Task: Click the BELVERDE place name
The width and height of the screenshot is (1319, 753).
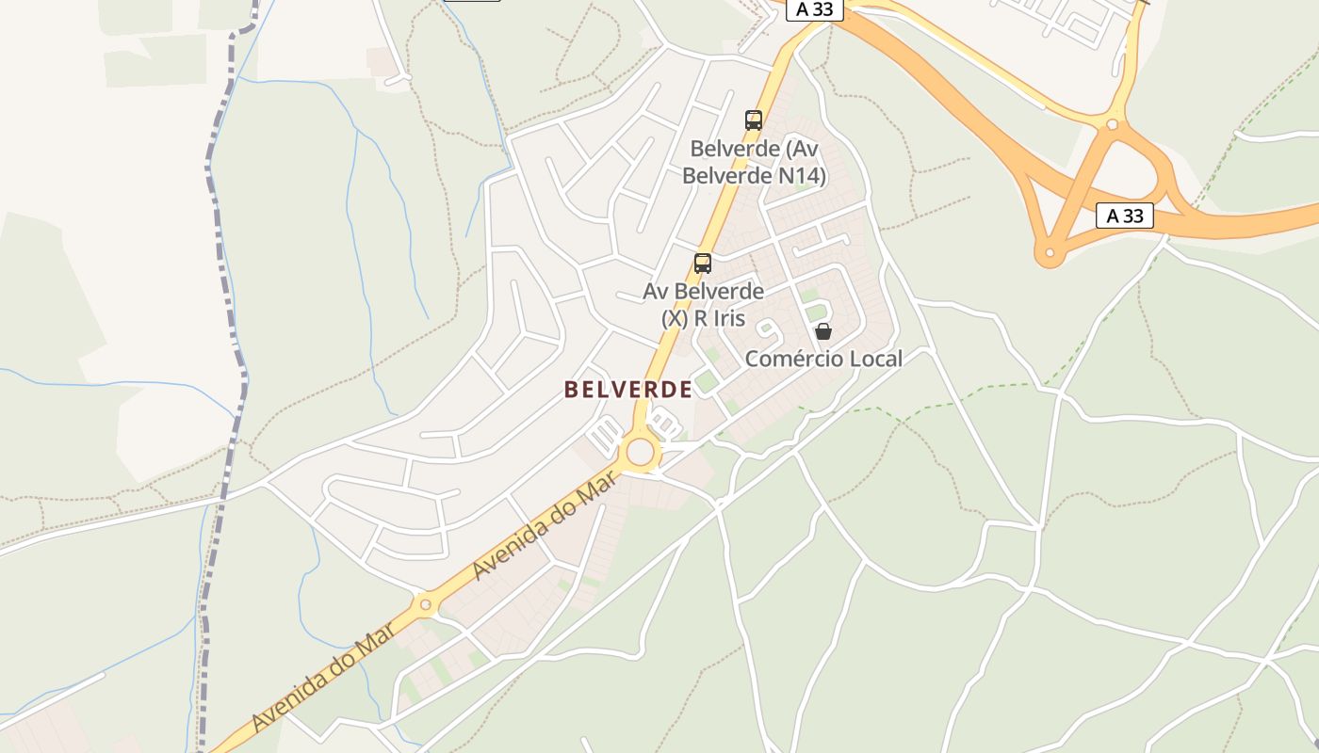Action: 627,389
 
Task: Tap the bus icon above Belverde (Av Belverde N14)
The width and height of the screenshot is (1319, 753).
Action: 753,120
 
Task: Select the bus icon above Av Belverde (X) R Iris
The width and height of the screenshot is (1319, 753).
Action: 703,264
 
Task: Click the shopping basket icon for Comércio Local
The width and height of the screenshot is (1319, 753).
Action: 823,331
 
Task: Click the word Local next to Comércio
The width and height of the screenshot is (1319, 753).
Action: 875,359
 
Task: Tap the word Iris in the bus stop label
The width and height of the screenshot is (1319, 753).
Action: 727,318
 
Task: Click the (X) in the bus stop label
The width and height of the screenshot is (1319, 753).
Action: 676,318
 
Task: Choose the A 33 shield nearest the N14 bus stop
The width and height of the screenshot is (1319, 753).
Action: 814,9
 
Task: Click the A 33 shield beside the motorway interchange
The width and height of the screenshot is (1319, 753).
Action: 1125,216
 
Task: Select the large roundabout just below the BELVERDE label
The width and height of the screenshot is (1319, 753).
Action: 641,452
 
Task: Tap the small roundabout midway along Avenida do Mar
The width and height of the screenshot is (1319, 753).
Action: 425,604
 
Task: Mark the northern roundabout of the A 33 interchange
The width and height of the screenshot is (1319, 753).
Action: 1113,123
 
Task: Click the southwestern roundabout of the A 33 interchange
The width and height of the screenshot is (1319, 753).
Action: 1049,252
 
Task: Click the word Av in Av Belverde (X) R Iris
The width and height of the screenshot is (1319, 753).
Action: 656,291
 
